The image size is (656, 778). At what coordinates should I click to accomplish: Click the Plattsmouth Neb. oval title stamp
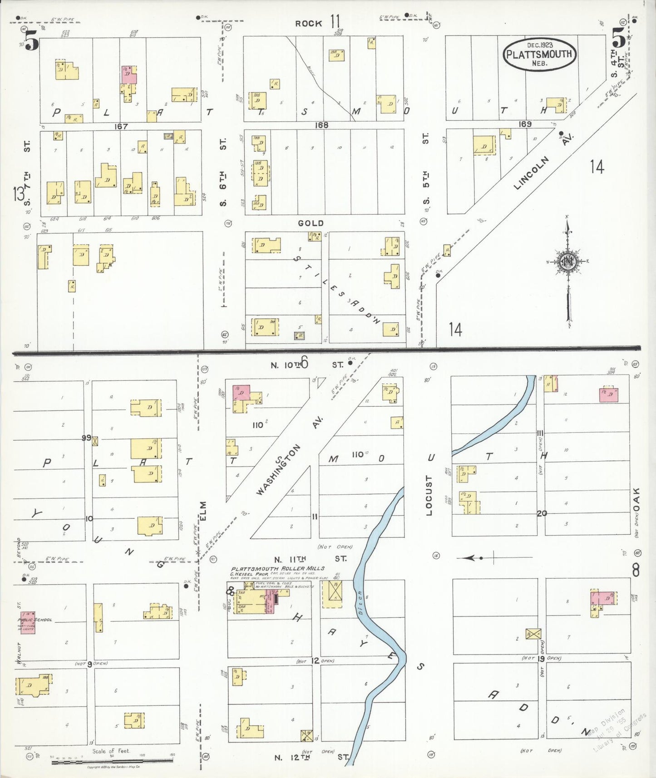pyautogui.click(x=539, y=54)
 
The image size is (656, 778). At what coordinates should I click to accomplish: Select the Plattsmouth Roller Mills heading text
pyautogui.click(x=277, y=568)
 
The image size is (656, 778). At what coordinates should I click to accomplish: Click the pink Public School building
pyautogui.click(x=27, y=622)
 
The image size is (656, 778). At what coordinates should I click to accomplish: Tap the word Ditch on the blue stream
pyautogui.click(x=360, y=603)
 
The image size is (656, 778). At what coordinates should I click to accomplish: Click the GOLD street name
pyautogui.click(x=311, y=223)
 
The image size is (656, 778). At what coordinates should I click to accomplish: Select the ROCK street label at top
pyautogui.click(x=309, y=23)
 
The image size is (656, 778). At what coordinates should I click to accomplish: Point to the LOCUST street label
pyautogui.click(x=429, y=495)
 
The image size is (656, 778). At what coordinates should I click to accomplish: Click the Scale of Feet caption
pyautogui.click(x=111, y=751)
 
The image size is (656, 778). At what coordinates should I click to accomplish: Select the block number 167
pyautogui.click(x=121, y=126)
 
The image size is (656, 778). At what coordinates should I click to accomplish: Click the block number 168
pyautogui.click(x=321, y=125)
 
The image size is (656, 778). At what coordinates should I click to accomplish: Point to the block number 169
pyautogui.click(x=525, y=123)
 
